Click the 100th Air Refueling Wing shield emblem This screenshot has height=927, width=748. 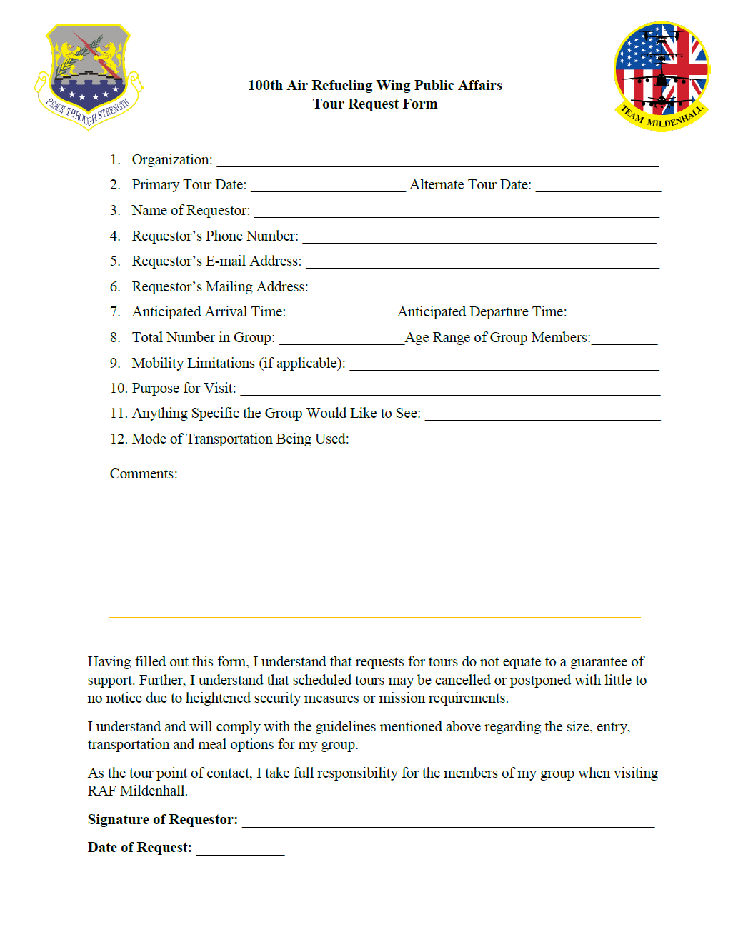pyautogui.click(x=88, y=76)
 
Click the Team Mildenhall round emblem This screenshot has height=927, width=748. pyautogui.click(x=662, y=76)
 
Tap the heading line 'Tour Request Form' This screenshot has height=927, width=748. pyautogui.click(x=375, y=104)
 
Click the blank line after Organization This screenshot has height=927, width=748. pyautogui.click(x=437, y=161)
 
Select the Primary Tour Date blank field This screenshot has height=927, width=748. pyautogui.click(x=328, y=186)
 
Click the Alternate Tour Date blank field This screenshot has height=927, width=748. pyautogui.click(x=598, y=186)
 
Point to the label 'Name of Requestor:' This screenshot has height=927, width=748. pyautogui.click(x=191, y=211)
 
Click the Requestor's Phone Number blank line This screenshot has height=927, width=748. pyautogui.click(x=479, y=237)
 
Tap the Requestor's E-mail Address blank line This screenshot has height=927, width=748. pyautogui.click(x=482, y=262)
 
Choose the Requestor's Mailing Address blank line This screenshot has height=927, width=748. pyautogui.click(x=486, y=288)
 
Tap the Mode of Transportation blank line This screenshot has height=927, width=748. pyautogui.click(x=504, y=440)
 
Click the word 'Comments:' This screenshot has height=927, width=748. pyautogui.click(x=144, y=474)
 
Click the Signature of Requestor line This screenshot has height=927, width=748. pyautogui.click(x=448, y=821)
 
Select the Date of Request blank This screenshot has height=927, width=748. pyautogui.click(x=240, y=849)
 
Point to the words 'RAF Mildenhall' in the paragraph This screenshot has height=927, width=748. pyautogui.click(x=136, y=791)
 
